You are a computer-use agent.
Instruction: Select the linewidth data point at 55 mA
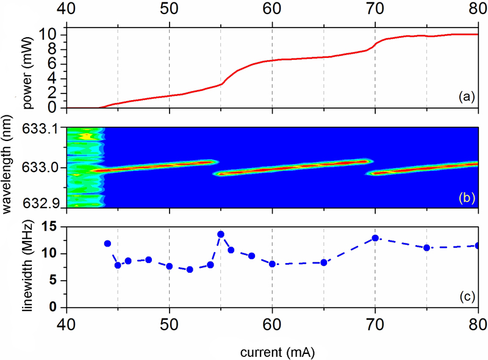(x=221, y=234)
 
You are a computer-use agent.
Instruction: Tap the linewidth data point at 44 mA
(x=107, y=243)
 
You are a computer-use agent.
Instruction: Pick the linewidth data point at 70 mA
(x=375, y=238)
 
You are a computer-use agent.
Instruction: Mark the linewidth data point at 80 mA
(x=478, y=245)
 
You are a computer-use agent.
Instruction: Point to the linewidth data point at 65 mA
(x=324, y=262)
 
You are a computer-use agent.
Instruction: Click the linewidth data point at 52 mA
(x=190, y=269)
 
